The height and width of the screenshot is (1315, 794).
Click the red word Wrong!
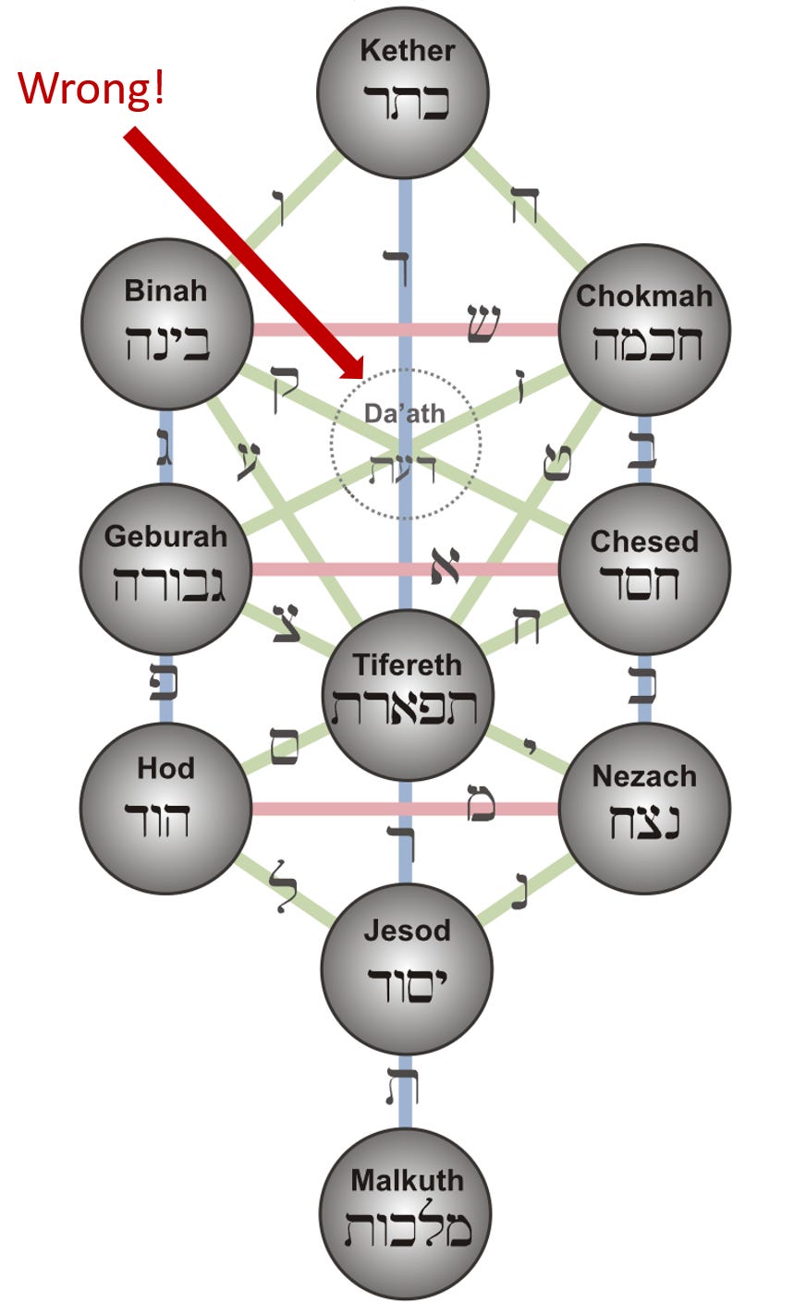pos(92,88)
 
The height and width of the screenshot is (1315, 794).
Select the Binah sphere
pos(166,324)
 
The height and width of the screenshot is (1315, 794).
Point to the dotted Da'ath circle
pos(406,444)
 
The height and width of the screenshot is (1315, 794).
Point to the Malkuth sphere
pos(406,1212)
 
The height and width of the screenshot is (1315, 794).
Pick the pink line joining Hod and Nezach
pos(370,810)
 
